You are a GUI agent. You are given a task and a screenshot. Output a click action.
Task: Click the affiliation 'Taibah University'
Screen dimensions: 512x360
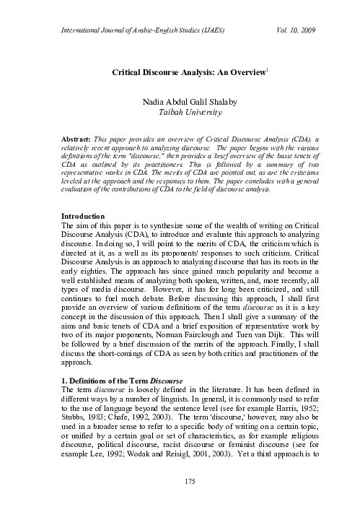[180, 113]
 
